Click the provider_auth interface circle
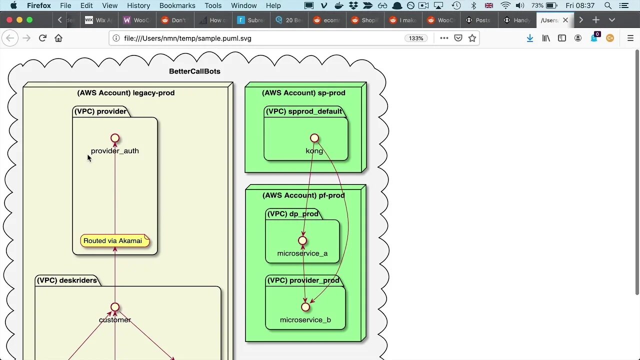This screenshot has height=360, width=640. pos(115,138)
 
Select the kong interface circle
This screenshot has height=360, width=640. pos(314,138)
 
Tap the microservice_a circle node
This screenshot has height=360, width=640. pos(302,240)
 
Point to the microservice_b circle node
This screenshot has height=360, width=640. pos(305,307)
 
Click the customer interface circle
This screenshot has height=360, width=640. pos(115,307)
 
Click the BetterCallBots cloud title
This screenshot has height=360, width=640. pos(194,71)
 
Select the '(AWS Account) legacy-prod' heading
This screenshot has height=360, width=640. pos(126,93)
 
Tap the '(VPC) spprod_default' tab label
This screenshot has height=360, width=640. pos(304,111)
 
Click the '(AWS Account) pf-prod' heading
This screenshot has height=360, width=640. pos(303,195)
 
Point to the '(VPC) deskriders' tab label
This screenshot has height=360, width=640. pos(67,280)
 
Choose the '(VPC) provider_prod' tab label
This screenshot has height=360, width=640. pos(303,280)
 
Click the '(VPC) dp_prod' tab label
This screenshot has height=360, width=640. pos(293,214)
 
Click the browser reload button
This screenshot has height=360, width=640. pos(42,38)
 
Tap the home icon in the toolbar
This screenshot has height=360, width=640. pos(58,38)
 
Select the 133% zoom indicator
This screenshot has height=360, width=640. pos(416,38)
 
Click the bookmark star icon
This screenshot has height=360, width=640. pos(472,38)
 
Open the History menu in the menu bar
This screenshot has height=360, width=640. pos(138,5)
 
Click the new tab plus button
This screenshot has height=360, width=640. pos(596,20)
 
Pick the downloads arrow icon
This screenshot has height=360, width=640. pos(530,38)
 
